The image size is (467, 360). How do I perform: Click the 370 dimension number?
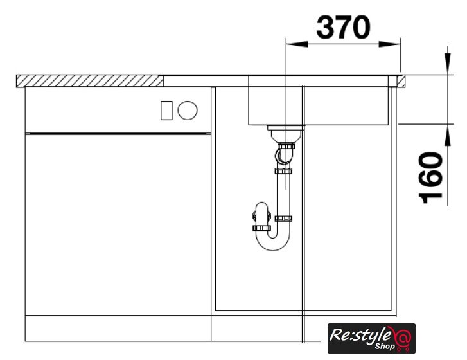click(x=343, y=28)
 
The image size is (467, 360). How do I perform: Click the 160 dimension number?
click(x=431, y=177)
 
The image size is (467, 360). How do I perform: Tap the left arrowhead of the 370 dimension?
click(x=296, y=44)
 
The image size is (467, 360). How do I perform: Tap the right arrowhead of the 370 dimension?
click(x=389, y=44)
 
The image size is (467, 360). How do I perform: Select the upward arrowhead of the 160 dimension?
click(x=448, y=135)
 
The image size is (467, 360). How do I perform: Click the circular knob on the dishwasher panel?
click(x=188, y=111)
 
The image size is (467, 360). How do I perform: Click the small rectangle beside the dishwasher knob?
click(x=166, y=111)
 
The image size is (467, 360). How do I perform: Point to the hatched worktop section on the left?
click(x=90, y=81)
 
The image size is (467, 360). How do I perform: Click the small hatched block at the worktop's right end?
click(x=401, y=81)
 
